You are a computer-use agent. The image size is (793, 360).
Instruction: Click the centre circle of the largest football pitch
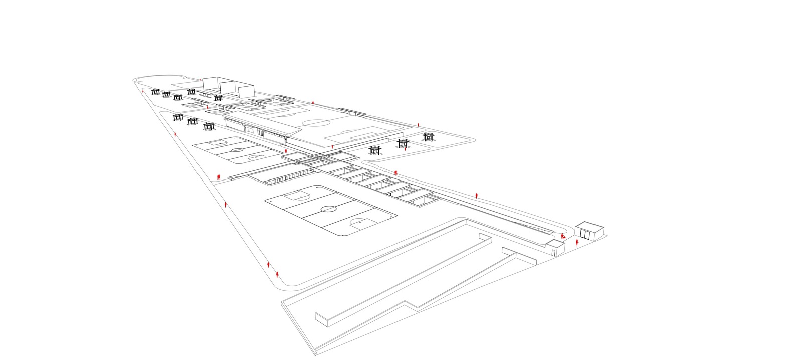tap(329, 209)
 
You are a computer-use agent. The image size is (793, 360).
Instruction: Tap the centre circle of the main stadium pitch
tap(315, 122)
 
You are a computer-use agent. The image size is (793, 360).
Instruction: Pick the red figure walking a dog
tap(563, 236)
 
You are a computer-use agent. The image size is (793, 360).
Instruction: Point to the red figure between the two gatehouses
tap(577, 243)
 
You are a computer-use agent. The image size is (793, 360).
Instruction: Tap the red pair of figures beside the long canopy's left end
tap(219, 177)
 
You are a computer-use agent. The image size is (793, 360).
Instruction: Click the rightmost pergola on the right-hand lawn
tap(428, 137)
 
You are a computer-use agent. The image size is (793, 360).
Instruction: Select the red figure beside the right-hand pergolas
tap(405, 149)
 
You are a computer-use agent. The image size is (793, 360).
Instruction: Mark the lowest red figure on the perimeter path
tap(277, 274)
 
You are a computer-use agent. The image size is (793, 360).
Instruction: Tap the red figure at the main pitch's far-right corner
tap(419, 123)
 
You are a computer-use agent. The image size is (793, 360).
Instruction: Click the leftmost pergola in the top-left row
tap(155, 92)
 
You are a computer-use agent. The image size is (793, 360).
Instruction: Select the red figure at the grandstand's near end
tap(286, 150)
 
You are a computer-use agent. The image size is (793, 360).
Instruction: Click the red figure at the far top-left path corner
tap(143, 91)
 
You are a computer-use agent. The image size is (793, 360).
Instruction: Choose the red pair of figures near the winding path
tap(395, 172)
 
